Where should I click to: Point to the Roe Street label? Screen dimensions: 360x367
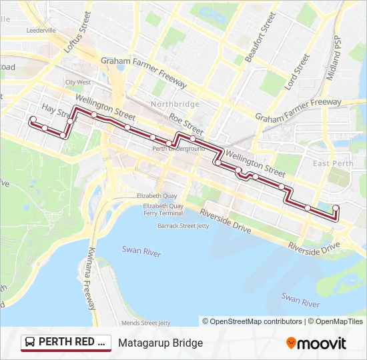pyautogui.click(x=186, y=123)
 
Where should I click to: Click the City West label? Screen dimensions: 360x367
pyautogui.click(x=77, y=82)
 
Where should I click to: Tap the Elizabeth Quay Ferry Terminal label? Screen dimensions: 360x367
pyautogui.click(x=162, y=209)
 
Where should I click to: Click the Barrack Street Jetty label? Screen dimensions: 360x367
pyautogui.click(x=183, y=226)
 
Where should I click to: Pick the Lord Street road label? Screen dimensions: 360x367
pyautogui.click(x=298, y=72)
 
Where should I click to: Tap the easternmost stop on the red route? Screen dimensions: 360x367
pyautogui.click(x=336, y=207)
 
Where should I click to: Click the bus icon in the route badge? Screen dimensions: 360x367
pyautogui.click(x=31, y=343)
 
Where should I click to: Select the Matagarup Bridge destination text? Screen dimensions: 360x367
pyautogui.click(x=160, y=343)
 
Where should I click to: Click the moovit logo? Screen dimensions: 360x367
pyautogui.click(x=316, y=343)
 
